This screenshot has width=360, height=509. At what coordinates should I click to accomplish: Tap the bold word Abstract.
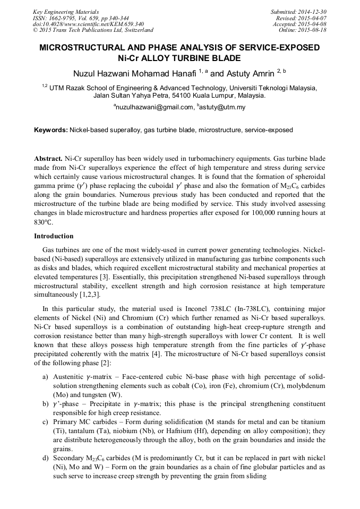click(x=48, y=159)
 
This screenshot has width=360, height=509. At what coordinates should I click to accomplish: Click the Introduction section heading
click(x=54, y=236)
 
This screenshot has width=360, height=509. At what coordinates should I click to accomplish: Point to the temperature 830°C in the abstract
click(x=44, y=222)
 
